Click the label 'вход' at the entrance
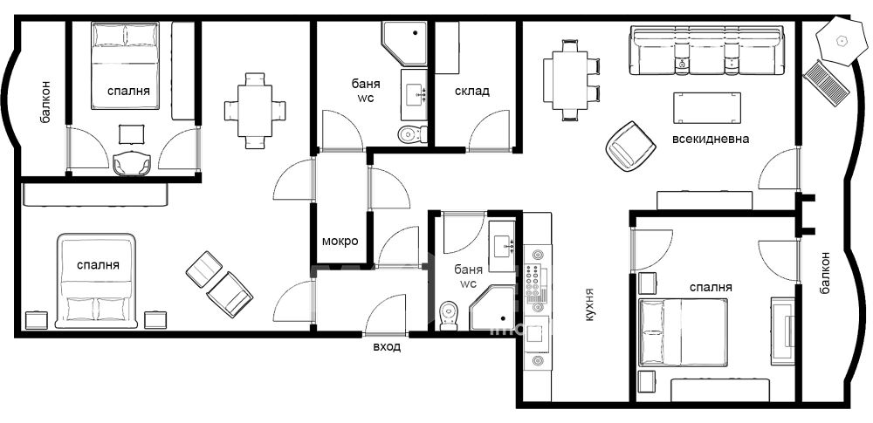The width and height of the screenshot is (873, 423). [x=387, y=347]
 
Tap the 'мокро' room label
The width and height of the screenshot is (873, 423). [x=340, y=242]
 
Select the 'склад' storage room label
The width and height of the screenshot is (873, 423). [x=472, y=91]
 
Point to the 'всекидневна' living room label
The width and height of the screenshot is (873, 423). [x=711, y=139]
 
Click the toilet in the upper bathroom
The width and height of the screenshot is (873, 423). [x=413, y=134]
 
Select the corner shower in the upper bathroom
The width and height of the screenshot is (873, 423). [x=403, y=42]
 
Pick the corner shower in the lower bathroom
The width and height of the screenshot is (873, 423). [x=492, y=309]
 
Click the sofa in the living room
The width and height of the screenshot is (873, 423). [x=706, y=50]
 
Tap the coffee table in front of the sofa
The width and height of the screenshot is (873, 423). [x=707, y=107]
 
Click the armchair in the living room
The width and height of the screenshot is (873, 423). [x=629, y=146]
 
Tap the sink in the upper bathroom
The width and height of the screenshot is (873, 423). [x=415, y=94]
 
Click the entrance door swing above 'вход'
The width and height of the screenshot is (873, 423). [x=385, y=316]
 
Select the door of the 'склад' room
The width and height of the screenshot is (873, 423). [x=489, y=131]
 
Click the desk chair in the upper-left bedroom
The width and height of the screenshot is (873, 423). [x=132, y=163]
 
